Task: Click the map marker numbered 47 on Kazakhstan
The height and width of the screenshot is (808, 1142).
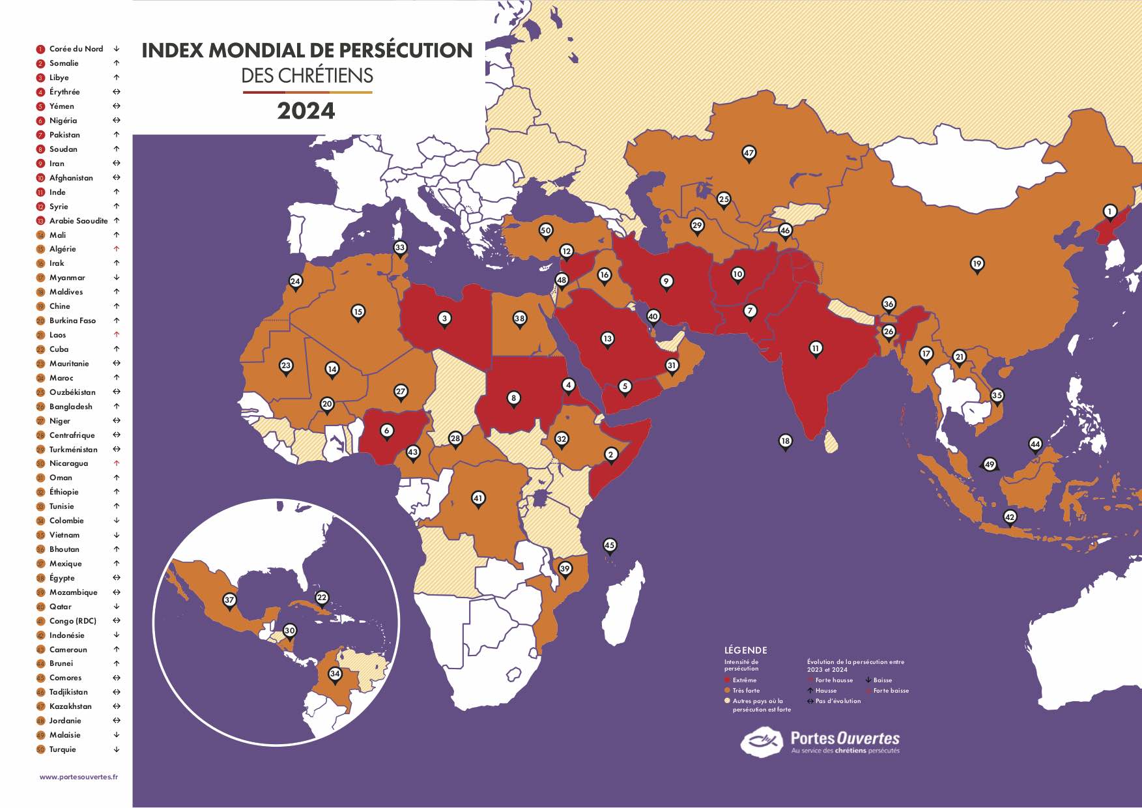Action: (749, 153)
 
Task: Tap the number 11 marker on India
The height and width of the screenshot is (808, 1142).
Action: (816, 348)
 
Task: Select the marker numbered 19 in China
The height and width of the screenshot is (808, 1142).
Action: (977, 264)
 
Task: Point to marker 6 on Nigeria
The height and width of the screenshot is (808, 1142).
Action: (387, 431)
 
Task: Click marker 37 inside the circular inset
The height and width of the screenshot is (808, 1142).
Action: (229, 600)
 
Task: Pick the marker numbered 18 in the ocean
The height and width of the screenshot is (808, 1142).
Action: (786, 441)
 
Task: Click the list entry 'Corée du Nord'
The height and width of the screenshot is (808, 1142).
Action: (76, 49)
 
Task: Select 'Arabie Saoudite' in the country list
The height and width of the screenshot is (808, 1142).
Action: (78, 221)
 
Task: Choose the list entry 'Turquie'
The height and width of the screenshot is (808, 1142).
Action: (63, 749)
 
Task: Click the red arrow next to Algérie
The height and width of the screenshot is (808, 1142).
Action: (117, 249)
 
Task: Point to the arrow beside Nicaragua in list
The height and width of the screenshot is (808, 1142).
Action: (117, 463)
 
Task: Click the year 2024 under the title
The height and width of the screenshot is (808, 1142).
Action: (306, 111)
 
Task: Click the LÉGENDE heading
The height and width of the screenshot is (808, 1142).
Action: (745, 650)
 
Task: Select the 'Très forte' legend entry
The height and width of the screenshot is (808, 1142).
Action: (745, 691)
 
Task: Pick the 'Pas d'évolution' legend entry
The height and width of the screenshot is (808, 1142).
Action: (837, 701)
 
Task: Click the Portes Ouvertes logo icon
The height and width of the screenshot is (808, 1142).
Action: (762, 742)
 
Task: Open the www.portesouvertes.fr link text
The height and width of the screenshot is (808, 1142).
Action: (79, 777)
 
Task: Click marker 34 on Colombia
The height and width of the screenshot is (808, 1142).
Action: (335, 674)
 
